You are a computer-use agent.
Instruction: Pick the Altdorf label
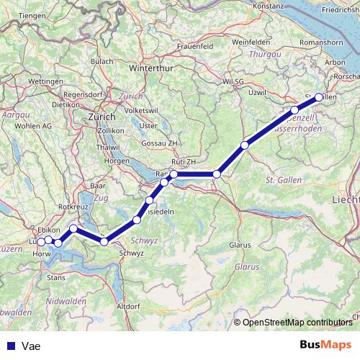128,306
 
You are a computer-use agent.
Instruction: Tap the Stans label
56,275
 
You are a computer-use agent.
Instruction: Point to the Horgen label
116,161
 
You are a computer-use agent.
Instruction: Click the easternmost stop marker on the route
319,97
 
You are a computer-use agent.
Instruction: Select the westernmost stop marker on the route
41,241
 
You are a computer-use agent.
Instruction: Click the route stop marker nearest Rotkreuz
73,228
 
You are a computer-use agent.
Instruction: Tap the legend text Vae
30,346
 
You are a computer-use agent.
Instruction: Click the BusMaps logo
325,345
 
